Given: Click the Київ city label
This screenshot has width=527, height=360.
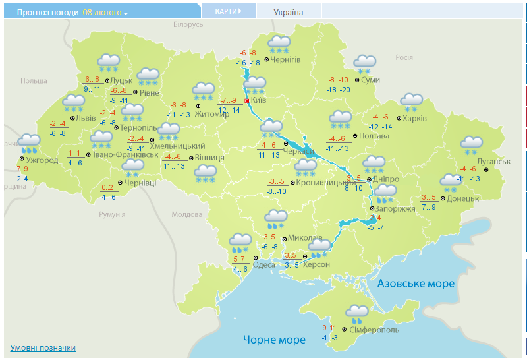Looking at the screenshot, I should [258, 101].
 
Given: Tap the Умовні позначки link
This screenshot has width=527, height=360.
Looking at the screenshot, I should [43, 348].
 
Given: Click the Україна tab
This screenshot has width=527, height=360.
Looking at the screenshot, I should [289, 13].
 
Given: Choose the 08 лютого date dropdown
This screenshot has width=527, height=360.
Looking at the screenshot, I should [105, 13].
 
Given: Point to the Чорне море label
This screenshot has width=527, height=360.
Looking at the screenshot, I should [274, 340].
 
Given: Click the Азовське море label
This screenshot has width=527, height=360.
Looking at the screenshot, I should [416, 284].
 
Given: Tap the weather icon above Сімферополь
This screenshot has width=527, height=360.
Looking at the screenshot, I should [357, 313].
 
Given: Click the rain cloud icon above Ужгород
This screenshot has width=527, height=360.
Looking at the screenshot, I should [28, 143].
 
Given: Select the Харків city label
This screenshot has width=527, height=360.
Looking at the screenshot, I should [414, 119].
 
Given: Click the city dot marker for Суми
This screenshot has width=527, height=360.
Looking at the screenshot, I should [357, 80].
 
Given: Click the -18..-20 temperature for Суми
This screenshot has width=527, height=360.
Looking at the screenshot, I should [339, 90].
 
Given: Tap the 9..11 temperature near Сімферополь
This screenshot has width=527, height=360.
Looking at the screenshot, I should [329, 328].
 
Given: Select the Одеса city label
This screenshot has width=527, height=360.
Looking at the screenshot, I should [264, 265].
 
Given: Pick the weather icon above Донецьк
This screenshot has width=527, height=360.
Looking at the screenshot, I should [451, 182].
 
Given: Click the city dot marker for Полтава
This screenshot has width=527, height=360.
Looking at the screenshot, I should [354, 136].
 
